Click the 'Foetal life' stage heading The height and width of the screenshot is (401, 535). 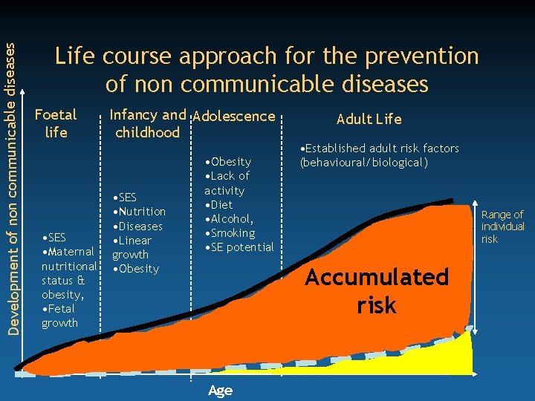pyautogui.click(x=56, y=123)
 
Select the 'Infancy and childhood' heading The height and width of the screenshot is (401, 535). pyautogui.click(x=146, y=123)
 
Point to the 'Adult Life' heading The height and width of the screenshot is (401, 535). pyautogui.click(x=369, y=119)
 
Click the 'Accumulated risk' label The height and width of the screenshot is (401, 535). pyautogui.click(x=377, y=291)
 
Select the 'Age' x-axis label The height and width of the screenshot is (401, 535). pyautogui.click(x=220, y=391)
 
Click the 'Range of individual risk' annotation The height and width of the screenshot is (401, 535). pyautogui.click(x=502, y=226)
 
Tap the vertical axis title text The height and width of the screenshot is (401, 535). pyautogui.click(x=10, y=177)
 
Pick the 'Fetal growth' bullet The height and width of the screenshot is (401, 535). pyautogui.click(x=60, y=316)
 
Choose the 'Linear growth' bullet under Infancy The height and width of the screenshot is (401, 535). pyautogui.click(x=132, y=247)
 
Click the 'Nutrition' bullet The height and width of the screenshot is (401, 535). pyautogui.click(x=139, y=212)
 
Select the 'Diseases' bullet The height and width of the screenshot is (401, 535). pyautogui.click(x=137, y=226)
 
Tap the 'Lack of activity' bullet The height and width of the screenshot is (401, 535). pyautogui.click(x=227, y=183)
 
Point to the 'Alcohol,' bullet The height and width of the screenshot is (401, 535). pyautogui.click(x=231, y=218)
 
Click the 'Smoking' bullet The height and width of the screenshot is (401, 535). pyautogui.click(x=231, y=232)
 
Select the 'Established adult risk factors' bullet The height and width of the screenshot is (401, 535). pyautogui.click(x=379, y=155)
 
